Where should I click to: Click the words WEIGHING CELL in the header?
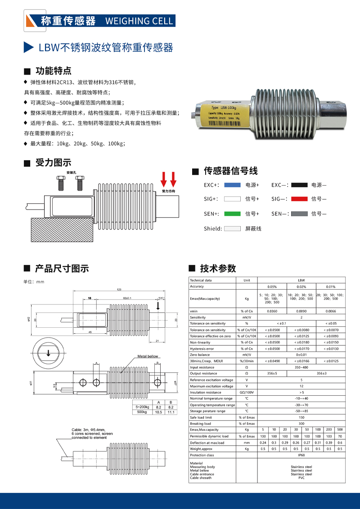[x=139, y=21]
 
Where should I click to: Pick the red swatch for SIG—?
[x=299, y=199]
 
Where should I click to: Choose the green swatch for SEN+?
[x=233, y=214]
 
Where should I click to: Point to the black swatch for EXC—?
[x=299, y=185]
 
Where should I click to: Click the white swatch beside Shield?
[x=233, y=228]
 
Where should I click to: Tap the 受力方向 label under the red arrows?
[x=168, y=191]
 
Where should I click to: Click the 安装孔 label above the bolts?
[x=71, y=173]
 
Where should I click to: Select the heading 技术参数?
[x=218, y=268]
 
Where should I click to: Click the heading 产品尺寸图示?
[x=62, y=268]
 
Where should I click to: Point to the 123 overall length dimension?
[x=119, y=290]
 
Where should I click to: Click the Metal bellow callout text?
[x=148, y=356]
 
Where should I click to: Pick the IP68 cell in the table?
[x=301, y=455]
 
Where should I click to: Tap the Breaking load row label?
[x=201, y=424]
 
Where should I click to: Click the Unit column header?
[x=247, y=280]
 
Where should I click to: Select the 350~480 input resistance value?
[x=301, y=367]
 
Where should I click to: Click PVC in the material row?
[x=301, y=478]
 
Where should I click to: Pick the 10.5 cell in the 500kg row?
[x=158, y=411]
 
